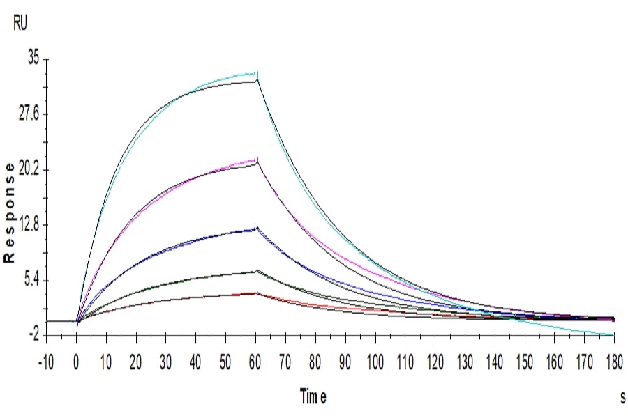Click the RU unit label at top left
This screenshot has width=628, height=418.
pyautogui.click(x=21, y=24)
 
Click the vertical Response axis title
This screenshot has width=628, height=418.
pyautogui.click(x=10, y=212)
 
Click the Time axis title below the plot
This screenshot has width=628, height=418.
pyautogui.click(x=313, y=397)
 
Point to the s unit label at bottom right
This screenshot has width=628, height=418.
pyautogui.click(x=622, y=397)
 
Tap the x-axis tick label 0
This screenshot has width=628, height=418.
pyautogui.click(x=77, y=363)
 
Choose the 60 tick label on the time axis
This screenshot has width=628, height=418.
pyautogui.click(x=255, y=363)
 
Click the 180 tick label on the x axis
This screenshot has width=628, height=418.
pyautogui.click(x=613, y=363)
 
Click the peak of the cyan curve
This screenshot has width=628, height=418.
pyautogui.click(x=257, y=71)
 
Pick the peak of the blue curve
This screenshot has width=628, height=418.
pyautogui.click(x=257, y=227)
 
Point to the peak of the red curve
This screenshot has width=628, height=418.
pyautogui.click(x=256, y=293)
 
